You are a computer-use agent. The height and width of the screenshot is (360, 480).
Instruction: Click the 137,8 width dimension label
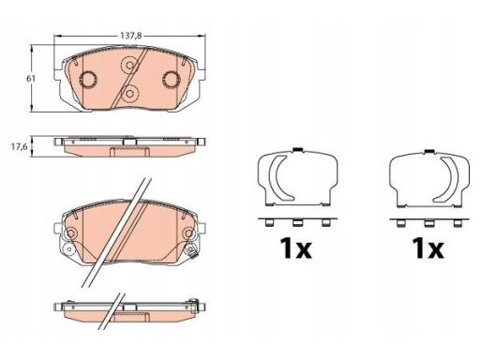131,36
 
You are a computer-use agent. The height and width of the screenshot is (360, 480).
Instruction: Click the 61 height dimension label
31,79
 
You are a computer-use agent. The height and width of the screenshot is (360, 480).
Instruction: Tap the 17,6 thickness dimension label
20,146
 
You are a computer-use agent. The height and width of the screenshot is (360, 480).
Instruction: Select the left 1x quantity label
295,248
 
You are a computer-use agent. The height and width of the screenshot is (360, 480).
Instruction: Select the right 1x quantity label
427,248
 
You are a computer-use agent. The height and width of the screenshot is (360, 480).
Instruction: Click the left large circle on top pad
88,80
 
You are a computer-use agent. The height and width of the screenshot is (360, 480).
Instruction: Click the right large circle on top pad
171,80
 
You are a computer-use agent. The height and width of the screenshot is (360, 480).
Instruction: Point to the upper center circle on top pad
129,66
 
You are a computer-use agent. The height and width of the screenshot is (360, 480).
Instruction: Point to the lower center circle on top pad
129,93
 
